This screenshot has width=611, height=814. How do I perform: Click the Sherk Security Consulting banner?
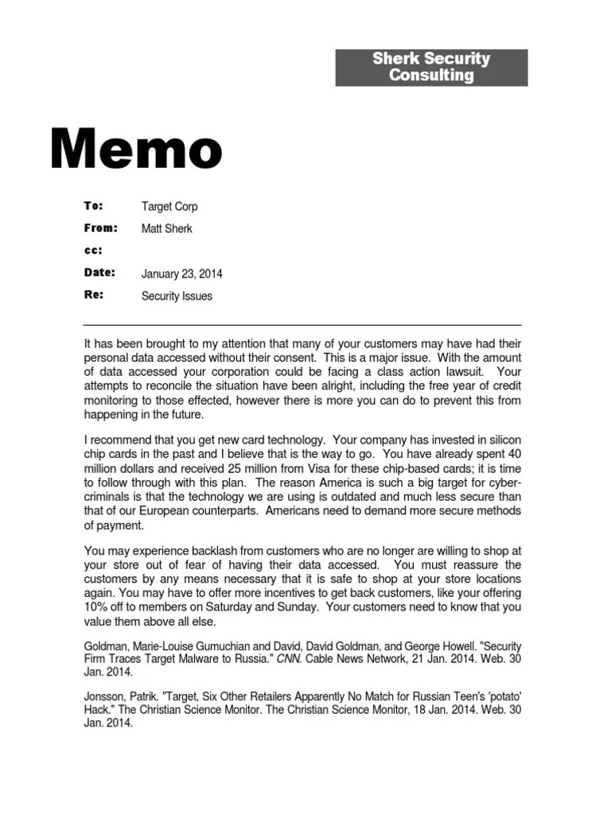click(x=431, y=68)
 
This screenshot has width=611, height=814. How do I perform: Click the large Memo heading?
click(x=136, y=149)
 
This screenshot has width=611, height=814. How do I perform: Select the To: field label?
click(x=94, y=206)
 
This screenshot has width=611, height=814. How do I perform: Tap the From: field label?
click(x=100, y=228)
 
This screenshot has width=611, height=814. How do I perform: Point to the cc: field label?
click(x=93, y=250)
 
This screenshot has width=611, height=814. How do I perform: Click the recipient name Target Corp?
click(x=169, y=207)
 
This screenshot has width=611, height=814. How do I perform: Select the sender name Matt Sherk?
click(x=166, y=229)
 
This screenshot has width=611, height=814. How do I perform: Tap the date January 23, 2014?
click(x=181, y=273)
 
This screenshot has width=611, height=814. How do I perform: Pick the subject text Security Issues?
click(x=177, y=296)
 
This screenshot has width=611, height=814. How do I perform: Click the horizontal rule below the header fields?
click(x=302, y=325)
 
